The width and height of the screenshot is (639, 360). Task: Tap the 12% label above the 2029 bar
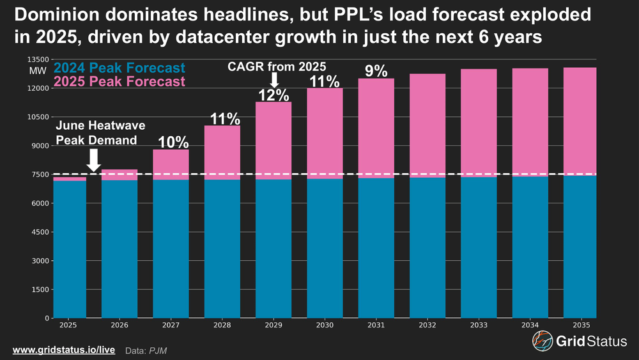click(272, 95)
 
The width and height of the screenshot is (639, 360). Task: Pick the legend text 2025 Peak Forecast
click(120, 81)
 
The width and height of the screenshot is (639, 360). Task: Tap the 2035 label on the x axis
click(580, 325)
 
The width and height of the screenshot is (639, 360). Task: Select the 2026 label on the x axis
click(119, 325)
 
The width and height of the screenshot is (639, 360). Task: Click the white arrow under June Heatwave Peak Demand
click(94, 160)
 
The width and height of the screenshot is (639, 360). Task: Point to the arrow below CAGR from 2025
click(274, 80)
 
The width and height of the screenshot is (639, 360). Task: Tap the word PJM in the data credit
click(156, 350)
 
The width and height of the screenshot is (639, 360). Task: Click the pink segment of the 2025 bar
click(69, 179)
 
